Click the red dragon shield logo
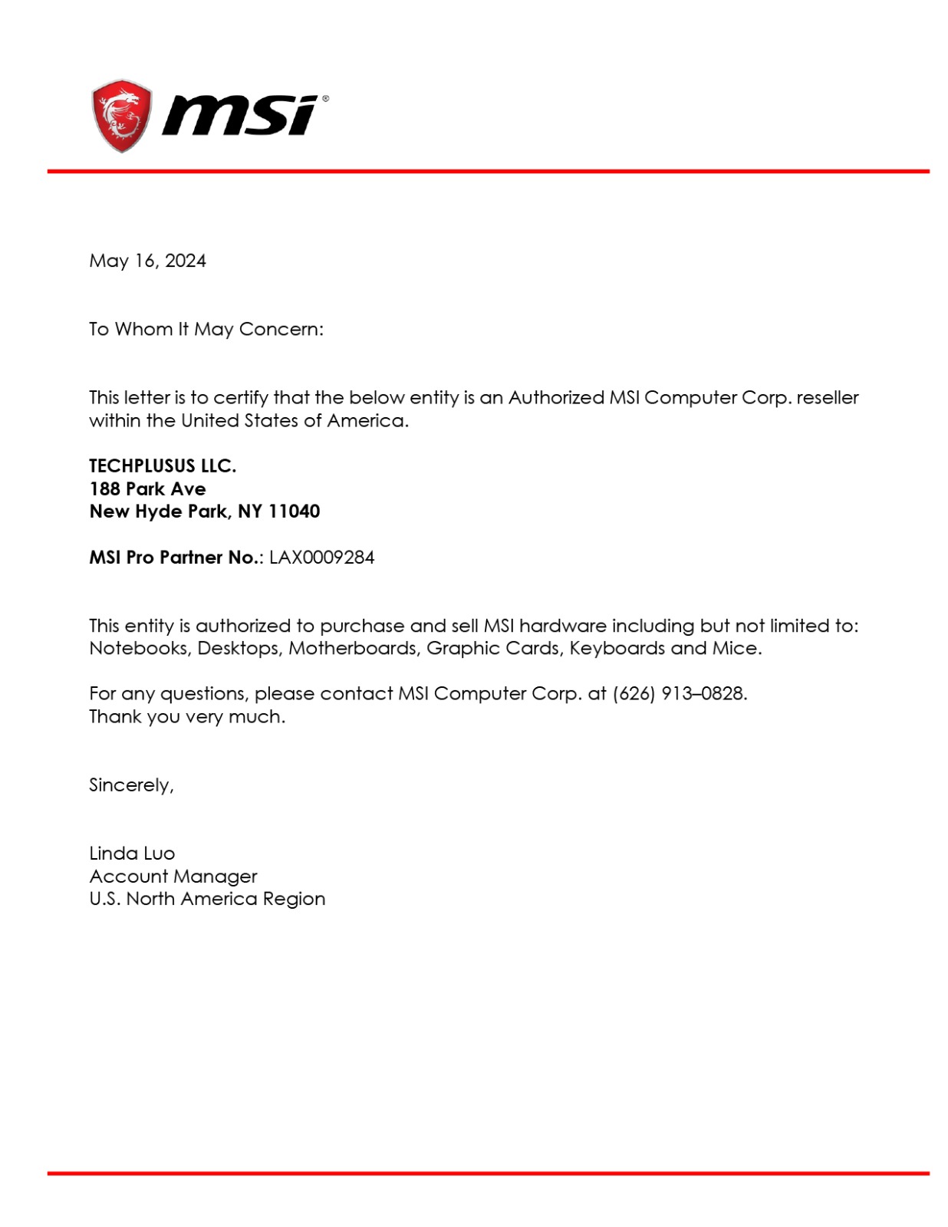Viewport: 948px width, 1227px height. coord(120,115)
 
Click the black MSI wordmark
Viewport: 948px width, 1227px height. coord(241,116)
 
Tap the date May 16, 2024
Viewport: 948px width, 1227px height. coord(147,261)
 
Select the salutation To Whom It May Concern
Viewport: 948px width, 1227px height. coord(206,329)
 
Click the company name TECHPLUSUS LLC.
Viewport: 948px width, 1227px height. coord(163,465)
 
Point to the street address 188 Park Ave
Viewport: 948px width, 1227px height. coord(147,488)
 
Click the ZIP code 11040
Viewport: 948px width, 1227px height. coord(294,512)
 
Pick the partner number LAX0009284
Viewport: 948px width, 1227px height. coord(321,558)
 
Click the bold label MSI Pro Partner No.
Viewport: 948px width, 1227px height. coord(175,558)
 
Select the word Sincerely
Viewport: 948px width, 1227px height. coord(130,785)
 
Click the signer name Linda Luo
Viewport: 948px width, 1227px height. coord(132,854)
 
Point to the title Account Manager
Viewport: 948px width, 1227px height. coord(173,876)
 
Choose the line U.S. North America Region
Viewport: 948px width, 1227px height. coord(207,899)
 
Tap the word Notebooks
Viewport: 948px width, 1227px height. coord(139,648)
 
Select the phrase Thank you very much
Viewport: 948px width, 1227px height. coord(186,716)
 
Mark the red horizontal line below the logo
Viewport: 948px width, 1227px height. coord(488,171)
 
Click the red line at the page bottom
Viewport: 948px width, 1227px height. coord(488,1173)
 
